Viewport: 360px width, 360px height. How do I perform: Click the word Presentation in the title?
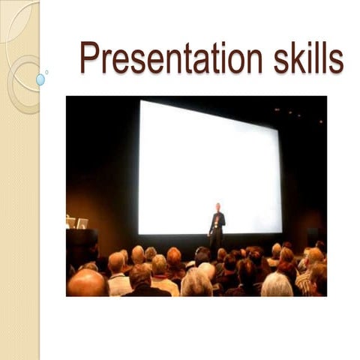(172, 58)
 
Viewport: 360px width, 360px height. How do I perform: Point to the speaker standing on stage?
(217, 226)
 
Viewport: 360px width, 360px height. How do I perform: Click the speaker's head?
(217, 207)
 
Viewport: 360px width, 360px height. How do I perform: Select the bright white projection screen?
(210, 165)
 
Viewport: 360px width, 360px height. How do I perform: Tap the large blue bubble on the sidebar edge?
(40, 79)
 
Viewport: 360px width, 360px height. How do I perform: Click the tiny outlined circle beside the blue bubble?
(46, 72)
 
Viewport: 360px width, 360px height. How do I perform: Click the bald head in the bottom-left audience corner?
(86, 283)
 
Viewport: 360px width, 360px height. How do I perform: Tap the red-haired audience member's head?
(174, 257)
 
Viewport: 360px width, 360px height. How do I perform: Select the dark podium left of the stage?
(81, 244)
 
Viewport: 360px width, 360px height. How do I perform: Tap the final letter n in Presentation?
(254, 60)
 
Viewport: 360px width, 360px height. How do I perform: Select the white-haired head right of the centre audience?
(277, 284)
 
